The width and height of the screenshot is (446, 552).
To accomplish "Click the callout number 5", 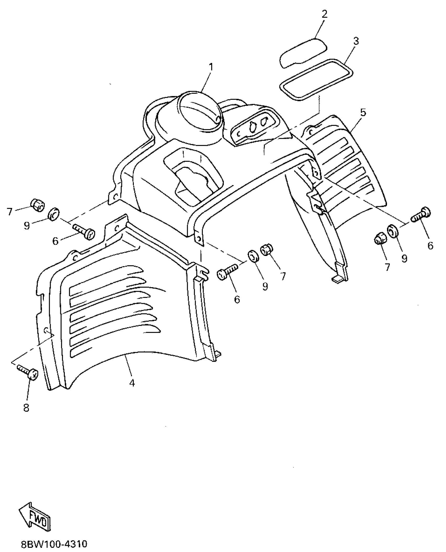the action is click(363, 112).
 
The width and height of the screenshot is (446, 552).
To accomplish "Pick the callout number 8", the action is click(26, 408).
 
